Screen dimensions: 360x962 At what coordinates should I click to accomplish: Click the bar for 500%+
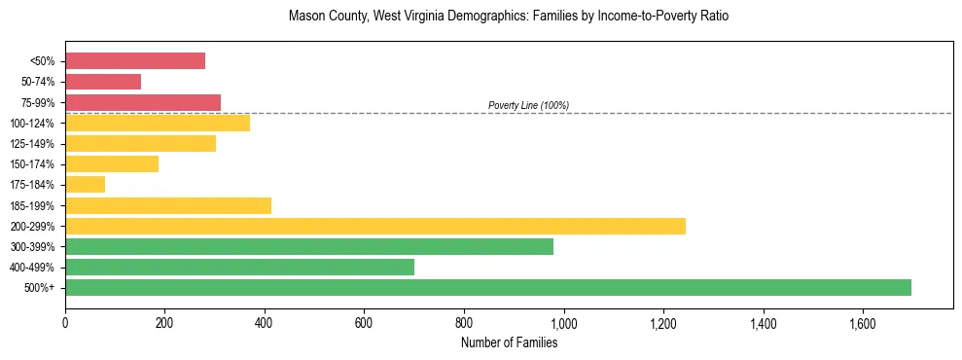[x=487, y=287]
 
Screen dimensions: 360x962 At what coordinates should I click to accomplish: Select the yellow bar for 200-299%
[x=374, y=226]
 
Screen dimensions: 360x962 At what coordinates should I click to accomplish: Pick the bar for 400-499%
[x=239, y=267]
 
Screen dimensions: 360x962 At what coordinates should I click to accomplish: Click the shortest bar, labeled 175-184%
[x=85, y=185]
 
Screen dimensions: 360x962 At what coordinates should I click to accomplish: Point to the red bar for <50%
[x=135, y=61]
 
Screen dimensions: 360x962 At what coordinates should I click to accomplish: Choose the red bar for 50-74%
[x=103, y=82]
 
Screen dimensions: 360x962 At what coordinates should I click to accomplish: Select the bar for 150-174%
[x=112, y=164]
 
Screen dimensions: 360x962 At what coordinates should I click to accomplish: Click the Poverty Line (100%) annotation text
[x=528, y=105]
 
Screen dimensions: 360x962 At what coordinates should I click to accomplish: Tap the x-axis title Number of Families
[x=509, y=342]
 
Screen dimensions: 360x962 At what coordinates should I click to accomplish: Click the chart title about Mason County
[x=509, y=17]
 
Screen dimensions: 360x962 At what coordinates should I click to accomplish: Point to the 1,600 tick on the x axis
[x=862, y=322]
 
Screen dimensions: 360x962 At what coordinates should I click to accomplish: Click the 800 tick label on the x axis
[x=464, y=322]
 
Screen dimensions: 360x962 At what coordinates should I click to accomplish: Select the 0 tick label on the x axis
[x=65, y=322]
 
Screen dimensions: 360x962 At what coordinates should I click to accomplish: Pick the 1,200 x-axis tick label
[x=663, y=322]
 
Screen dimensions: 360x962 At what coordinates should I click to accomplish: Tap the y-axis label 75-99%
[x=37, y=103]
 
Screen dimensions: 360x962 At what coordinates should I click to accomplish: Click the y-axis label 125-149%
[x=34, y=144]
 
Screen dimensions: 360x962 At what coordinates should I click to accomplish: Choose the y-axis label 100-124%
[x=34, y=124]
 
